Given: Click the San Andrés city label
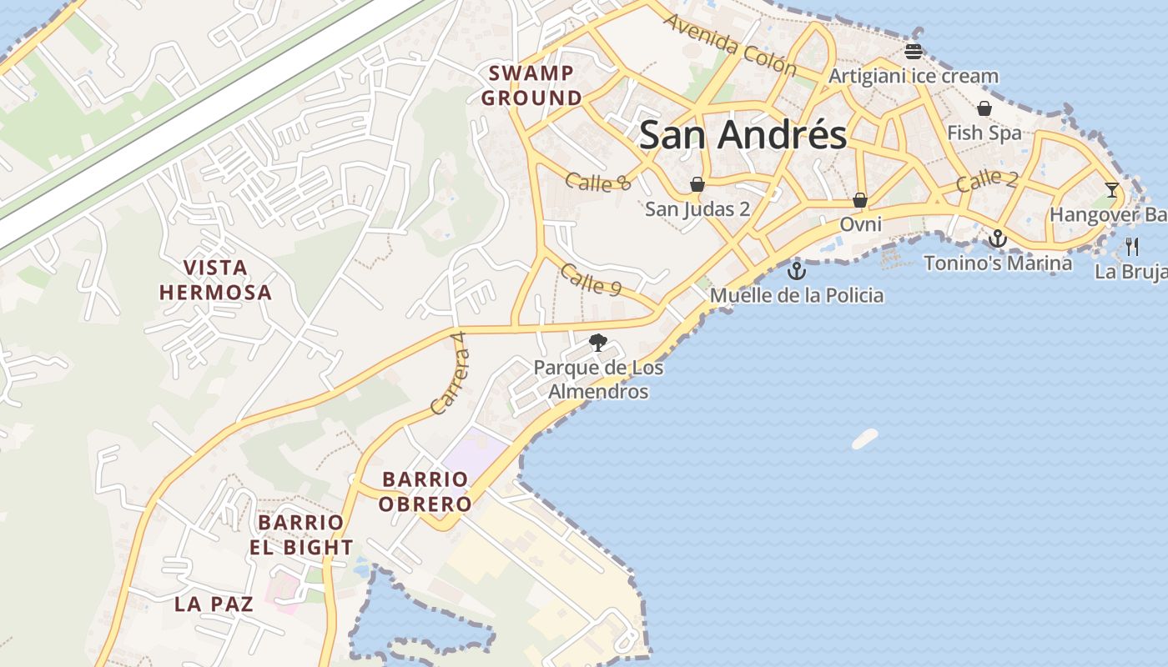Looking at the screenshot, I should coord(743,134).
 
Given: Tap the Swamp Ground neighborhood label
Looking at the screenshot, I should coord(531,86).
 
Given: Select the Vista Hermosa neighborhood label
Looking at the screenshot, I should coord(215,280).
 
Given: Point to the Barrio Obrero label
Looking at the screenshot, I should coord(425,492).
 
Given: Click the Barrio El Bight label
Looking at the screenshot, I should coord(300,535).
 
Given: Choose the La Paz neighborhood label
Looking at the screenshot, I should coord(214,604).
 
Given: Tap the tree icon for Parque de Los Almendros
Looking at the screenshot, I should coord(597,342).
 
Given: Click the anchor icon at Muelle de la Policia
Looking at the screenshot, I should coord(797,270).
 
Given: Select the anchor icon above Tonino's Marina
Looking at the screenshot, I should coord(997,239).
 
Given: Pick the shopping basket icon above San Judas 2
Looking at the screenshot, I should coord(697,184).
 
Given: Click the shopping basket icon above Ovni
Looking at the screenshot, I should coord(860,200).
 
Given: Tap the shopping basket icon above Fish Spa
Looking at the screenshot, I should coord(984,108).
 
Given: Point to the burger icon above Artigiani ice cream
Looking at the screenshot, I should coord(914,52).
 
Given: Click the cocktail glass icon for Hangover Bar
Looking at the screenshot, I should coord(1111,190).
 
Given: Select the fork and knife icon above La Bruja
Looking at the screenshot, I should coord(1132,246).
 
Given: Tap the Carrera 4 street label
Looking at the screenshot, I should coord(451,374).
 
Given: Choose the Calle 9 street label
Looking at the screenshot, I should coord(592,279).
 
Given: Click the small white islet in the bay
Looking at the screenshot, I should coord(865,439).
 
